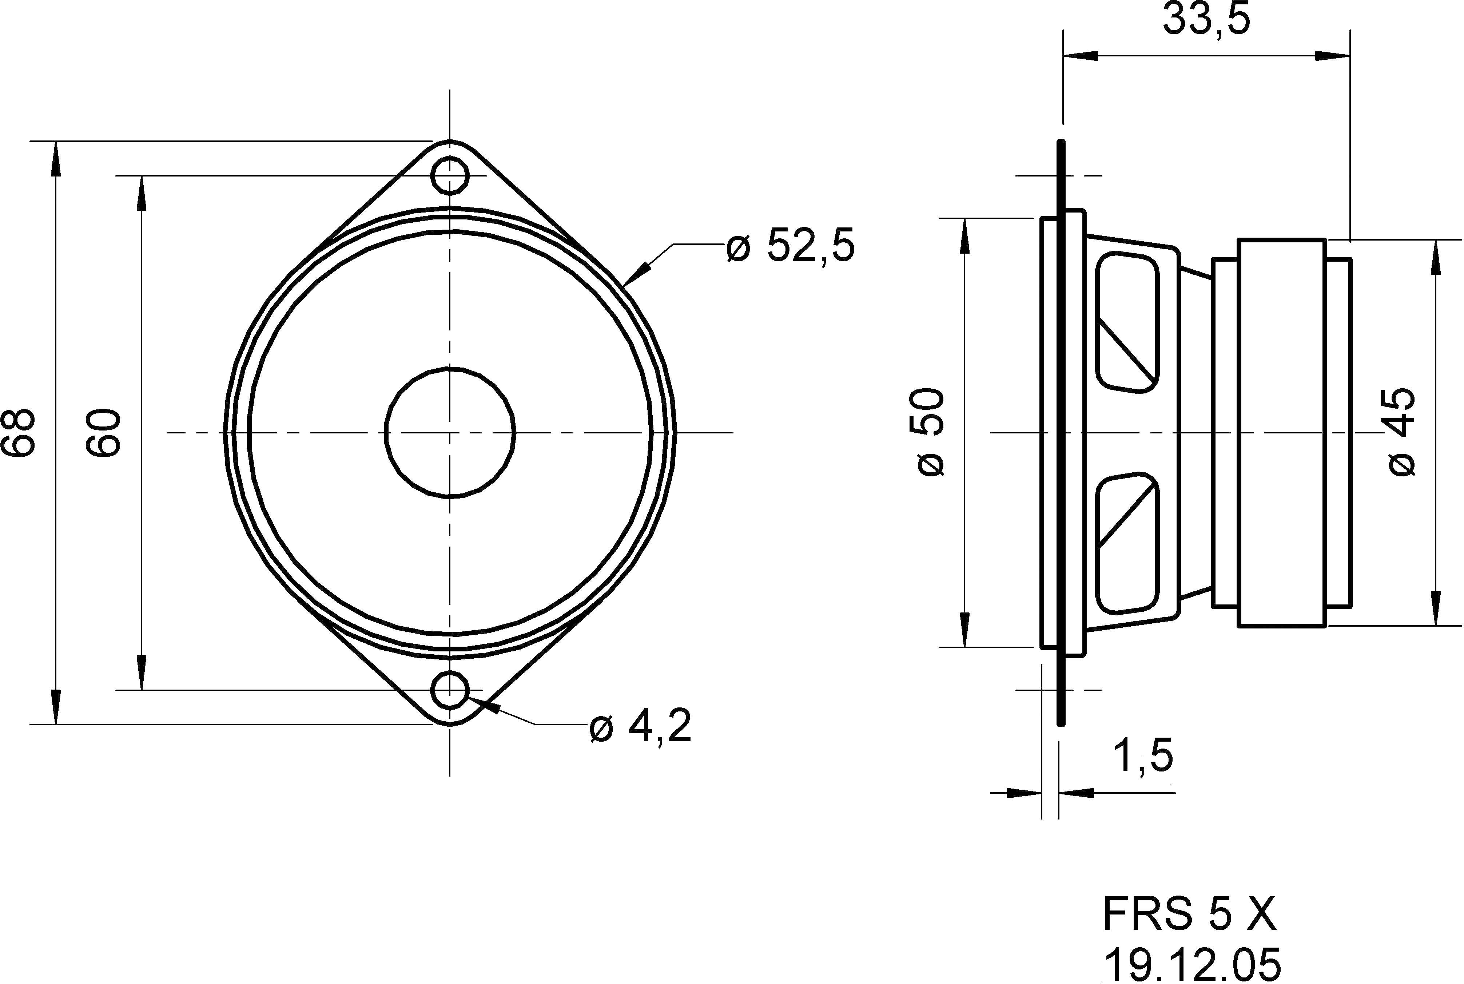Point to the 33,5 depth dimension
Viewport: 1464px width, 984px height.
click(1206, 20)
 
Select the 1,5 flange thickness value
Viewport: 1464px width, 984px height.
click(1142, 756)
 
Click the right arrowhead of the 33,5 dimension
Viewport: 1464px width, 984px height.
click(1333, 56)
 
